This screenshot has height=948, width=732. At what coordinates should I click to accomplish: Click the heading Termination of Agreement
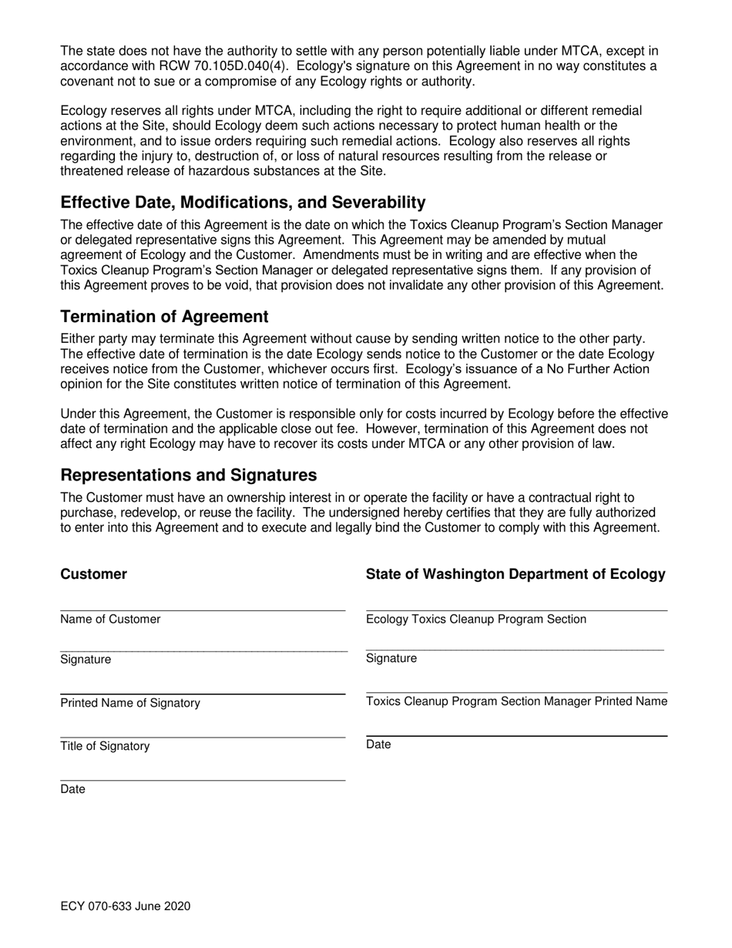(164, 317)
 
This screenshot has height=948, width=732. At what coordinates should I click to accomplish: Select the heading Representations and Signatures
(188, 475)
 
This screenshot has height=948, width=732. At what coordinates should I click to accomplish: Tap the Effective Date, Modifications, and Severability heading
(243, 203)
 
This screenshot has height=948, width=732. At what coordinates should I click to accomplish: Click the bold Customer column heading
(93, 574)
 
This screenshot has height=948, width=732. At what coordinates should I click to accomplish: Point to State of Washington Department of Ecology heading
(515, 574)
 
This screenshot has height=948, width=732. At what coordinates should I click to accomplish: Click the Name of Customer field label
(110, 619)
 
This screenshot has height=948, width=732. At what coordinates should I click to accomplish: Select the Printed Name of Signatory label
(129, 703)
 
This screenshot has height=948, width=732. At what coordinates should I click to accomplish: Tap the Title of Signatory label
(105, 746)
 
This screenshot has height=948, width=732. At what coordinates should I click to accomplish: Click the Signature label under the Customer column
(86, 660)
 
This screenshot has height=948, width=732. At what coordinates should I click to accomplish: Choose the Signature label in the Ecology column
(391, 658)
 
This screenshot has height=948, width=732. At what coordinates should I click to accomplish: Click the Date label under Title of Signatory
(72, 789)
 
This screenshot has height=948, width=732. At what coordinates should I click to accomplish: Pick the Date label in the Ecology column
(378, 745)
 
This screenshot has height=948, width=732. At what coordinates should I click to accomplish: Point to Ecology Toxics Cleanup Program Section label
(475, 619)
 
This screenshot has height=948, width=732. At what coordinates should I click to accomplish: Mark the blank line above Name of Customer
(203, 610)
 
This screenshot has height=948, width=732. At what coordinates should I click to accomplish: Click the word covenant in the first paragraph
(88, 82)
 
